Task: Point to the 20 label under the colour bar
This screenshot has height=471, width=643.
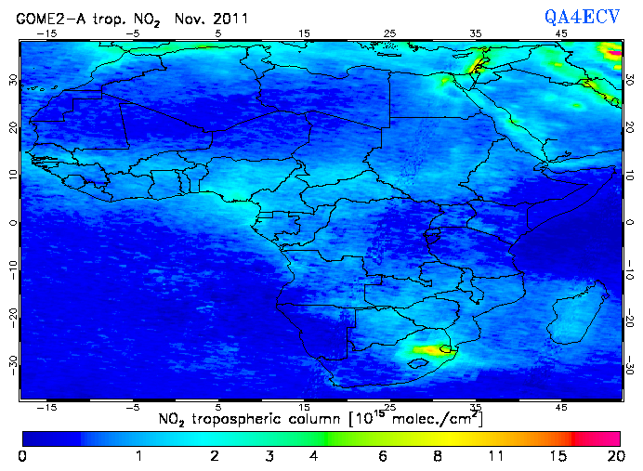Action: [612, 456]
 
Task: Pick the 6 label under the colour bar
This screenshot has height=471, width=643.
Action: [383, 456]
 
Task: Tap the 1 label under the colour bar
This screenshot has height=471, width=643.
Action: [138, 456]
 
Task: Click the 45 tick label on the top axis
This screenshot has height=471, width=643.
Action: [561, 33]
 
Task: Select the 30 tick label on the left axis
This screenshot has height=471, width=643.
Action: [12, 80]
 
